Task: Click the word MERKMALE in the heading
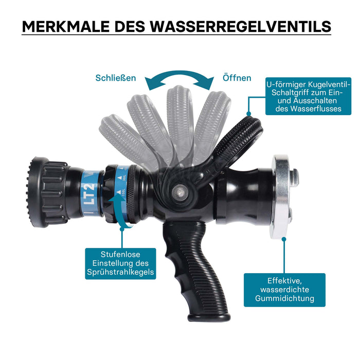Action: point(66,26)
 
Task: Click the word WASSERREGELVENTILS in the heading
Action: point(241,26)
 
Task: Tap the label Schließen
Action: point(116,78)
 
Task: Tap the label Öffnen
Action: point(237,78)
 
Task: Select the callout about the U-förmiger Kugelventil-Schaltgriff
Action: point(309,96)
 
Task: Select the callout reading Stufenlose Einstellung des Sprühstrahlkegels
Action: point(120,263)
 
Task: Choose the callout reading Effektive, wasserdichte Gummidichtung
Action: point(284,290)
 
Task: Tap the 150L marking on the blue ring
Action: point(123,192)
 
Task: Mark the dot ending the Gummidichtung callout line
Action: point(284,239)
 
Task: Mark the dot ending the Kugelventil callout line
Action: point(248,114)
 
